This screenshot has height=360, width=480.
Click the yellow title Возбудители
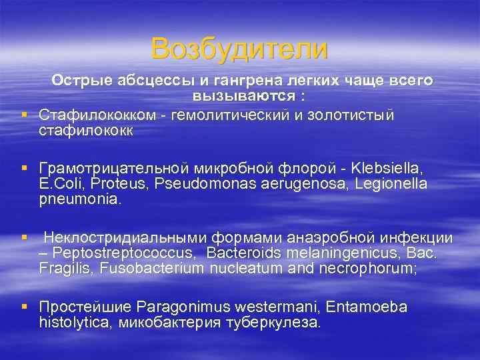pyautogui.click(x=239, y=49)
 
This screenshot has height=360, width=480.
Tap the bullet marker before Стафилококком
pyautogui.click(x=25, y=115)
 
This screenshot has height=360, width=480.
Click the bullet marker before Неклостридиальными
pyautogui.click(x=25, y=237)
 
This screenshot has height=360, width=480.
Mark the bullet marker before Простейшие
pyautogui.click(x=25, y=306)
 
